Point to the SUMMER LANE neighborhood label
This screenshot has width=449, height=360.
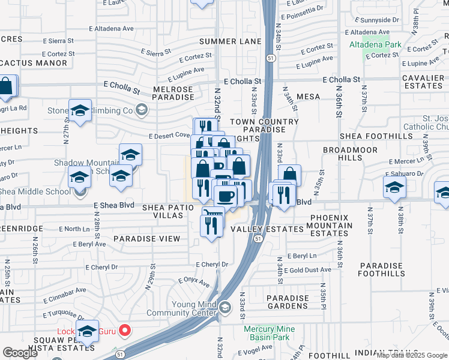point(231,41)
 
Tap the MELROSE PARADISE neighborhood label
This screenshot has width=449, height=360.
point(173,94)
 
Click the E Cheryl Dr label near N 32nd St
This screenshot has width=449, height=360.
point(212,265)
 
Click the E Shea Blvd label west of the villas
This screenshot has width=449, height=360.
point(113,205)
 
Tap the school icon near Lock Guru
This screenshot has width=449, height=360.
point(88,332)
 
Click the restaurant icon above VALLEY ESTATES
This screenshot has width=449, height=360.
point(211,226)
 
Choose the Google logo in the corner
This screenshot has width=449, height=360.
point(20,353)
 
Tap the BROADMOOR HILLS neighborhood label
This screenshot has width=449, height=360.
point(349,154)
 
